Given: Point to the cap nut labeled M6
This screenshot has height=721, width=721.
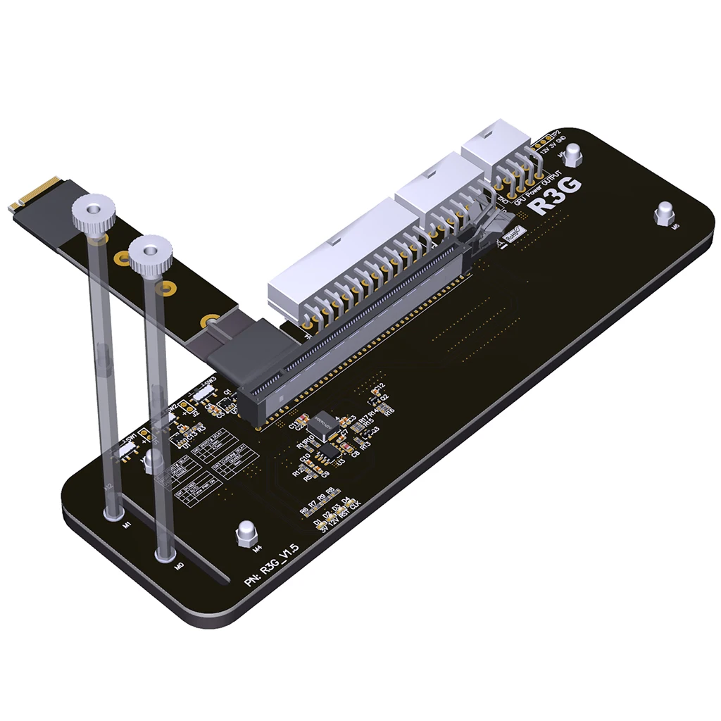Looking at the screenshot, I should tap(664, 213).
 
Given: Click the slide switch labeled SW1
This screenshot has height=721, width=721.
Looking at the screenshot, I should tap(127, 449).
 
